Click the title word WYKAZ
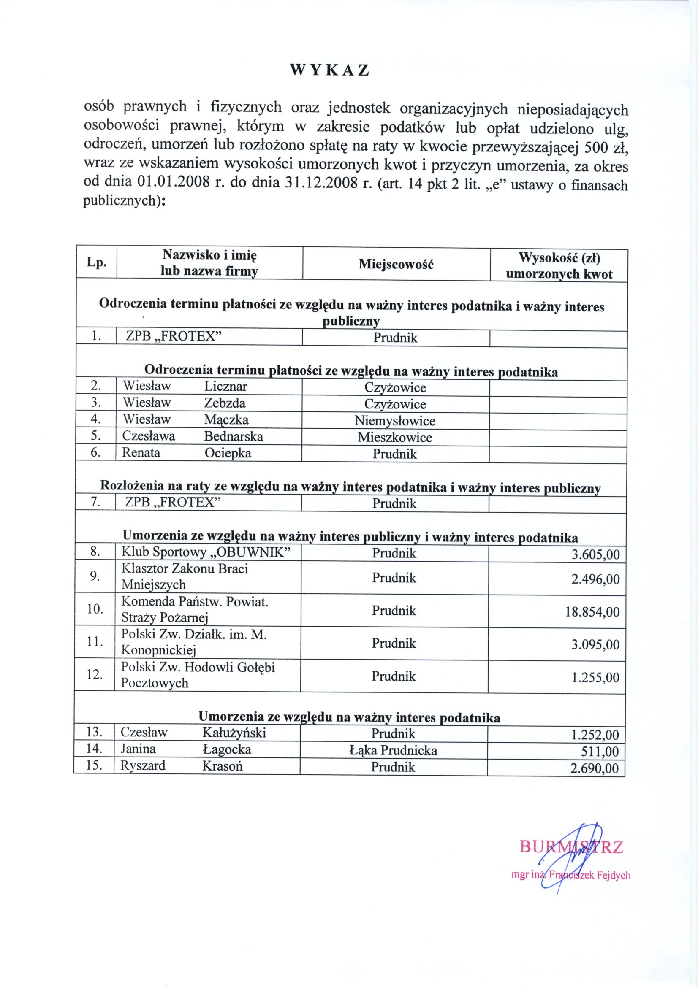pyautogui.click(x=329, y=70)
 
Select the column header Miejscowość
pyautogui.click(x=396, y=264)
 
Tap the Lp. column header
pyautogui.click(x=96, y=262)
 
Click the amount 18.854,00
pyautogui.click(x=592, y=611)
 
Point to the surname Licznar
pyautogui.click(x=226, y=386)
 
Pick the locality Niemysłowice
pyautogui.click(x=395, y=420)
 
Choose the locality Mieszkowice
pyautogui.click(x=395, y=437)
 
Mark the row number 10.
pyautogui.click(x=95, y=609)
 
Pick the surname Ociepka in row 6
pyautogui.click(x=228, y=453)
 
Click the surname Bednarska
pyautogui.click(x=234, y=436)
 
